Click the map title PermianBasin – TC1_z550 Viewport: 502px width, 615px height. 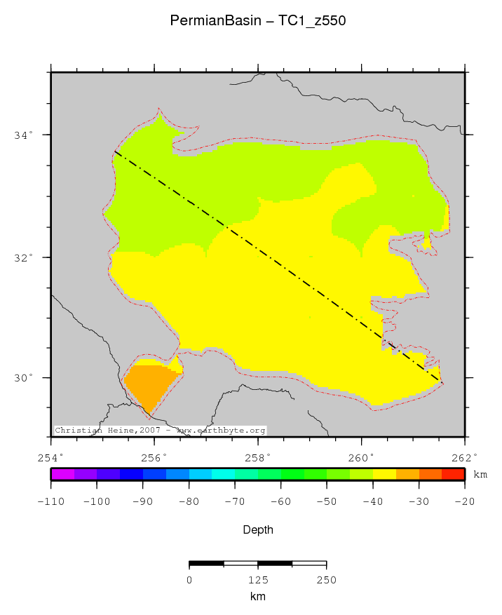258,21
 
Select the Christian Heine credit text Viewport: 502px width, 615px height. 160,430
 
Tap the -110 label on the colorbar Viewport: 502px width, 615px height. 51,501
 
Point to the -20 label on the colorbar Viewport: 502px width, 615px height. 465,501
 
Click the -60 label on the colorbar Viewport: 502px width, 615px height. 281,501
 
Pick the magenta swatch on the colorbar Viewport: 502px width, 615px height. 62,475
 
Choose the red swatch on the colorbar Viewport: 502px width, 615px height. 454,475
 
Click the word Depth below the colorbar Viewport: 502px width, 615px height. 258,530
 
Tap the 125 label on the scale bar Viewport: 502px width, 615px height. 258,580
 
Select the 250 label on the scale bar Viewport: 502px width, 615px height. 326,580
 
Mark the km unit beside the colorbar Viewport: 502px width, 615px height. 480,475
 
